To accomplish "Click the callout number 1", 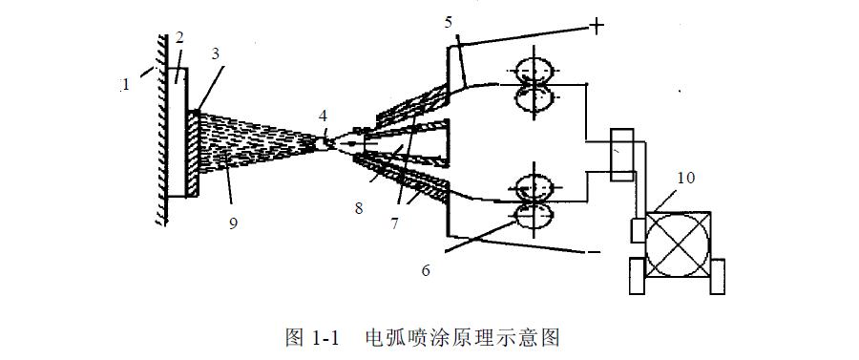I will pyautogui.click(x=125, y=85).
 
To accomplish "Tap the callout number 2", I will pyautogui.click(x=178, y=38).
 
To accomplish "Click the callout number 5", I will pyautogui.click(x=449, y=20).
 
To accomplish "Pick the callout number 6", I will pyautogui.click(x=426, y=270).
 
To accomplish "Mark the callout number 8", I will pyautogui.click(x=359, y=206).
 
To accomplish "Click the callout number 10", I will pyautogui.click(x=686, y=177).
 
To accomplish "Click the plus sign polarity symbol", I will pyautogui.click(x=596, y=26).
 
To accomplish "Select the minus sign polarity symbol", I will pyautogui.click(x=594, y=252).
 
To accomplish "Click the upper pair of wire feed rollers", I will pyautogui.click(x=535, y=84).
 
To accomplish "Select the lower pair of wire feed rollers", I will pyautogui.click(x=535, y=201).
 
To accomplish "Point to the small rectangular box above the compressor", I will pyautogui.click(x=621, y=155).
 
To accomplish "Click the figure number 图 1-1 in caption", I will pyautogui.click(x=313, y=337).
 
